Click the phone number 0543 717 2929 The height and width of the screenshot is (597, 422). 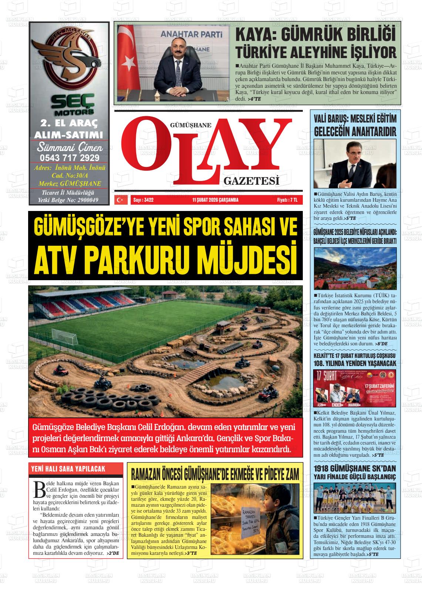click(69, 158)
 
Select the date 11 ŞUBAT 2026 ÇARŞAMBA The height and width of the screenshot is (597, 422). click(215, 200)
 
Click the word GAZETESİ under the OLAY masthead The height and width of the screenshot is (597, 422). click(251, 181)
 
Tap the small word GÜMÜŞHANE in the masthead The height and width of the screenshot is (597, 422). click(190, 125)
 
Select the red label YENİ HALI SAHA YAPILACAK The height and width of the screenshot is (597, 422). click(68, 469)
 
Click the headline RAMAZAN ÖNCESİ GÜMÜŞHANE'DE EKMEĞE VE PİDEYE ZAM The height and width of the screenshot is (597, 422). click(215, 474)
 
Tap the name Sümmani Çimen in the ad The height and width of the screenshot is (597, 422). click(70, 148)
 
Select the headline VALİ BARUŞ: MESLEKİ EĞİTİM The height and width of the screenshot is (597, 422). click(355, 119)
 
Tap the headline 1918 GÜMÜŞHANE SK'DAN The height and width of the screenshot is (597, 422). click(355, 468)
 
